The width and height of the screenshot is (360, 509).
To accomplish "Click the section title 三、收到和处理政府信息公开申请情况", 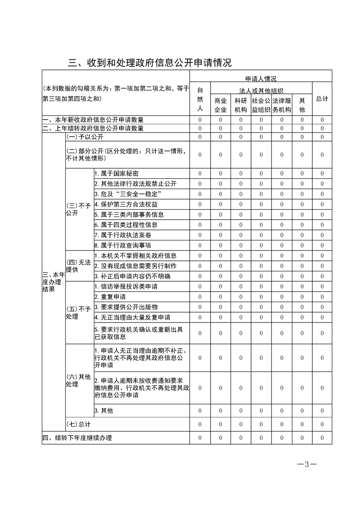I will [150, 62].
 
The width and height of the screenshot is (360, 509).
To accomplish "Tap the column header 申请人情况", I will [261, 78].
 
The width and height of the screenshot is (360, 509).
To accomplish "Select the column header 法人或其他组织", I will [261, 91].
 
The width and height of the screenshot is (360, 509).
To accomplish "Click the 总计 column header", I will [322, 98].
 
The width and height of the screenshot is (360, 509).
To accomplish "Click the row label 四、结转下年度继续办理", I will [77, 438].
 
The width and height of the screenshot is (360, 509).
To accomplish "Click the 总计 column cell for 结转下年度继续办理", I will [322, 438].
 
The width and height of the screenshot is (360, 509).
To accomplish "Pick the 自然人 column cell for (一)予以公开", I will [200, 137].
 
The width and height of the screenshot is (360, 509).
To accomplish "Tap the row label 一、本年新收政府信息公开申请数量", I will [93, 120].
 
